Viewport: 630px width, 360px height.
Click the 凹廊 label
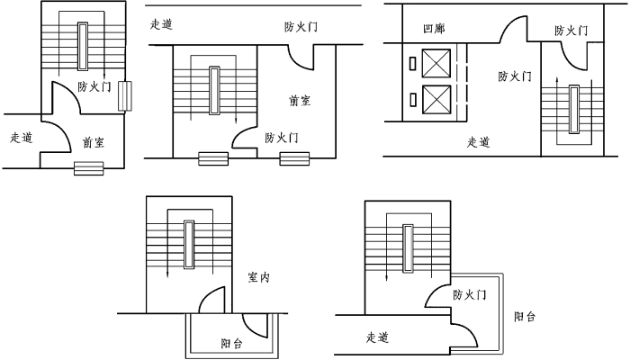click(434, 30)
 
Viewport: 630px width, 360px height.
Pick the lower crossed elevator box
click(437, 97)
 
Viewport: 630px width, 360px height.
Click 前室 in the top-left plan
click(92, 142)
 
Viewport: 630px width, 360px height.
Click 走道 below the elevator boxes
click(479, 141)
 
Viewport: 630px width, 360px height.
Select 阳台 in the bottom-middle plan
click(232, 344)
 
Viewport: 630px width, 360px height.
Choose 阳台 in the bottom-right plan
click(526, 317)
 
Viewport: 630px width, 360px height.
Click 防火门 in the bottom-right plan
click(470, 295)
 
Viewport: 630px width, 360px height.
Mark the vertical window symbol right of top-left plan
click(125, 94)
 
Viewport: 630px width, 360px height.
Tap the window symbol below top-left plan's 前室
click(88, 167)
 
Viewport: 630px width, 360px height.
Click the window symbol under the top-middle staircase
click(212, 158)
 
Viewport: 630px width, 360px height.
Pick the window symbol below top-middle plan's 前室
click(293, 158)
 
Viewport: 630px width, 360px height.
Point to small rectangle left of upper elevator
click(412, 64)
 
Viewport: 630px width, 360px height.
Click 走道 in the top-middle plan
click(162, 24)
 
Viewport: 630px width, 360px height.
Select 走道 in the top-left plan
click(21, 138)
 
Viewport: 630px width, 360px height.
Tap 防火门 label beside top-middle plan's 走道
click(300, 27)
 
